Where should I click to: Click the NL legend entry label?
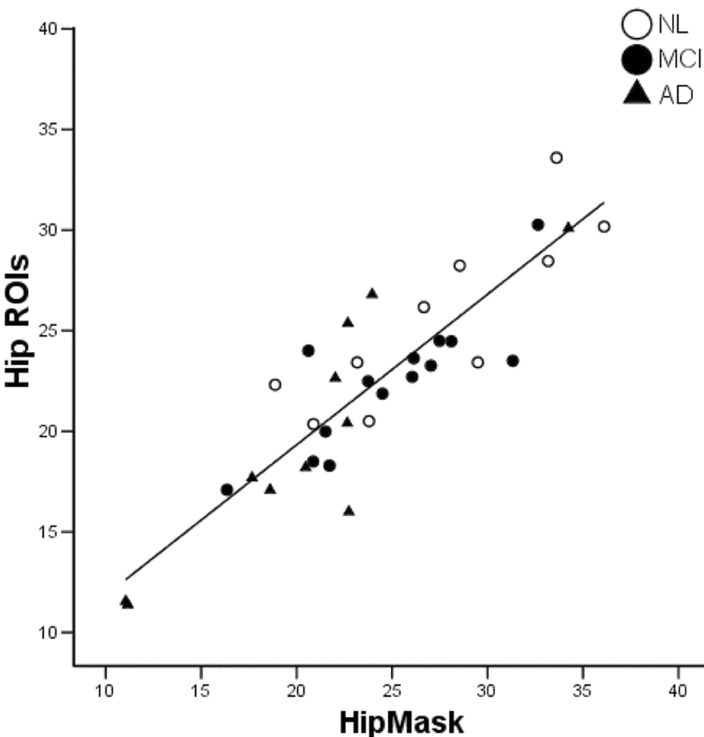pyautogui.click(x=673, y=25)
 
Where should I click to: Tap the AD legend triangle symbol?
pyautogui.click(x=636, y=93)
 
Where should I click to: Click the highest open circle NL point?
pyautogui.click(x=556, y=158)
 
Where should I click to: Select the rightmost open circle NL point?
pyautogui.click(x=604, y=227)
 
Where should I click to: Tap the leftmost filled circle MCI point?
pyautogui.click(x=227, y=490)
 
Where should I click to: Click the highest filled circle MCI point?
pyautogui.click(x=538, y=225)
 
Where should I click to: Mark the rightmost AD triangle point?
pyautogui.click(x=569, y=227)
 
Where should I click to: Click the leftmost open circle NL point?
pyautogui.click(x=275, y=385)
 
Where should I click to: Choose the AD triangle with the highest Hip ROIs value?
pyautogui.click(x=372, y=294)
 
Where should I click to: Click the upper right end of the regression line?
pyautogui.click(x=604, y=203)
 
